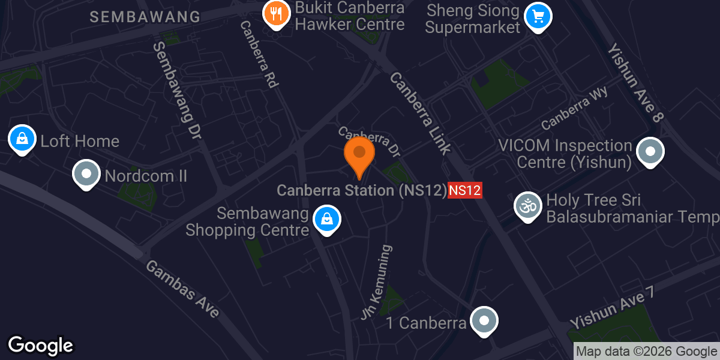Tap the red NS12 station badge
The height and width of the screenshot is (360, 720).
466,191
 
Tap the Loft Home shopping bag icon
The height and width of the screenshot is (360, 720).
22,139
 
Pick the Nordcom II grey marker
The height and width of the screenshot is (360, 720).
86,175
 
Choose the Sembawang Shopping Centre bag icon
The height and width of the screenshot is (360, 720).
326,220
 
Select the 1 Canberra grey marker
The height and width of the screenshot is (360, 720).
484,321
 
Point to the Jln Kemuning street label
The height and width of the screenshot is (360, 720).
377,282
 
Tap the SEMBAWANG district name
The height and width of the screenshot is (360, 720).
145,17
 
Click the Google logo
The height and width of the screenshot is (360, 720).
40,346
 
